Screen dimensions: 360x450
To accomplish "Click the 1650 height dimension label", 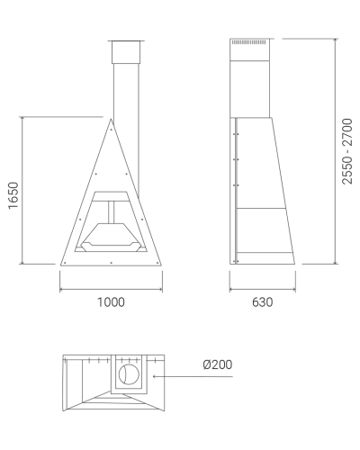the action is (13, 195).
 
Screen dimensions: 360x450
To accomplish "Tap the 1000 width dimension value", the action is (111, 302).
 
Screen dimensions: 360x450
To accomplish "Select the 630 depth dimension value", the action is (263, 302).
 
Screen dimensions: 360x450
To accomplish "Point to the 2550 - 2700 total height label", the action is (346, 151).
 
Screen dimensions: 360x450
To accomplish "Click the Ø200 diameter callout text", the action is (218, 364).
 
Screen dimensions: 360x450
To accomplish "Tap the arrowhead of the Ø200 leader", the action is (155, 376).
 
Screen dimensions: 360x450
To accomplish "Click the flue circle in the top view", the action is (129, 374).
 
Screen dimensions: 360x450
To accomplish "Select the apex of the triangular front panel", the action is (111, 119).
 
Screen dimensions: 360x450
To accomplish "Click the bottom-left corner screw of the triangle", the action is (65, 263).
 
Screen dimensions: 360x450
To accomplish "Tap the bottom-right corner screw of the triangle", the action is (157, 263).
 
